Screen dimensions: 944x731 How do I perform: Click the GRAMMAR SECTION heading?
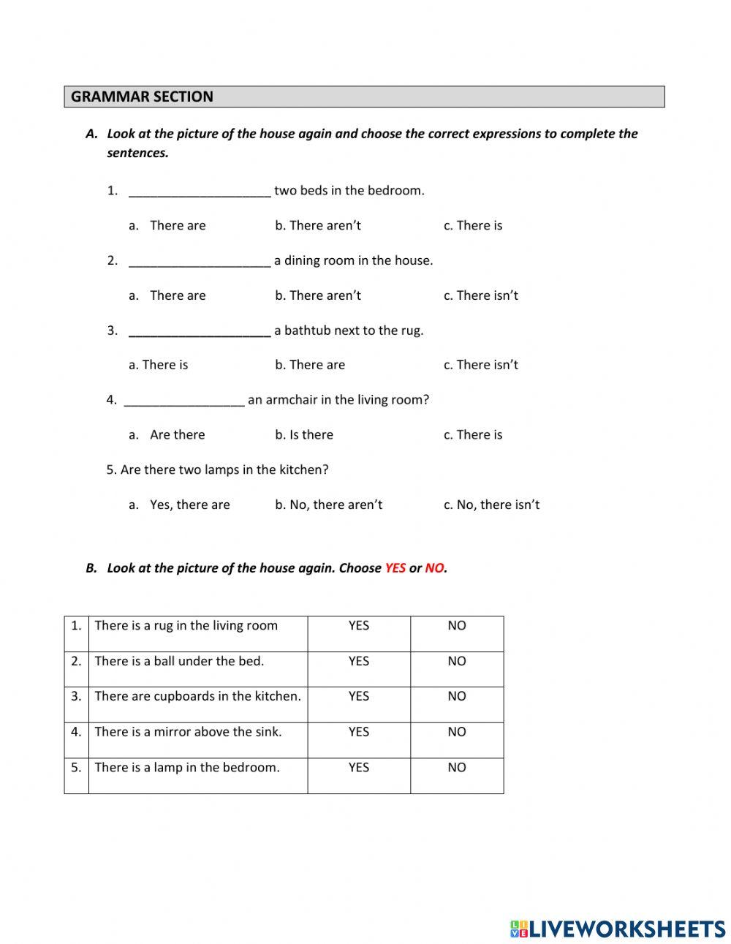pyautogui.click(x=143, y=97)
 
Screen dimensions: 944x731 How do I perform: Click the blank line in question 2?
pyautogui.click(x=200, y=262)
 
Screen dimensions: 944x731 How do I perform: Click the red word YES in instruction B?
pyautogui.click(x=395, y=568)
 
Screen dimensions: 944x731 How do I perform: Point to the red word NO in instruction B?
pyautogui.click(x=434, y=568)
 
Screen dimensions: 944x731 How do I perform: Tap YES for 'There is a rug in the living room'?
pyautogui.click(x=359, y=626)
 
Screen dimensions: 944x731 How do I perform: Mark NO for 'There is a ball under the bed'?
pyautogui.click(x=457, y=661)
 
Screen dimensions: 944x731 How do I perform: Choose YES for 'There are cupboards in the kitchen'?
pyautogui.click(x=359, y=696)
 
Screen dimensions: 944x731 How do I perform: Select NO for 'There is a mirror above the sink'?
pyautogui.click(x=457, y=732)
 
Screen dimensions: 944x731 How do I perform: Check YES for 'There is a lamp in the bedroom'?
pyautogui.click(x=359, y=767)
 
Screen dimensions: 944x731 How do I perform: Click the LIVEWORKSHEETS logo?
pyautogui.click(x=618, y=929)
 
